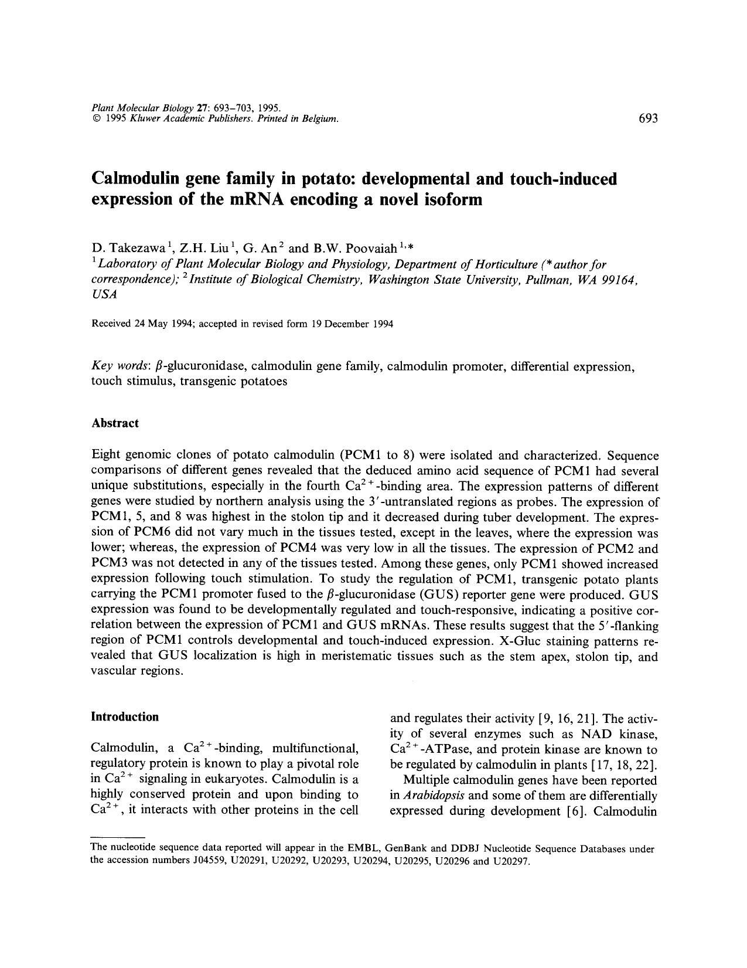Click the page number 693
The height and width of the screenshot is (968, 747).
649,118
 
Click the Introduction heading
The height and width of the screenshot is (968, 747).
125,716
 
